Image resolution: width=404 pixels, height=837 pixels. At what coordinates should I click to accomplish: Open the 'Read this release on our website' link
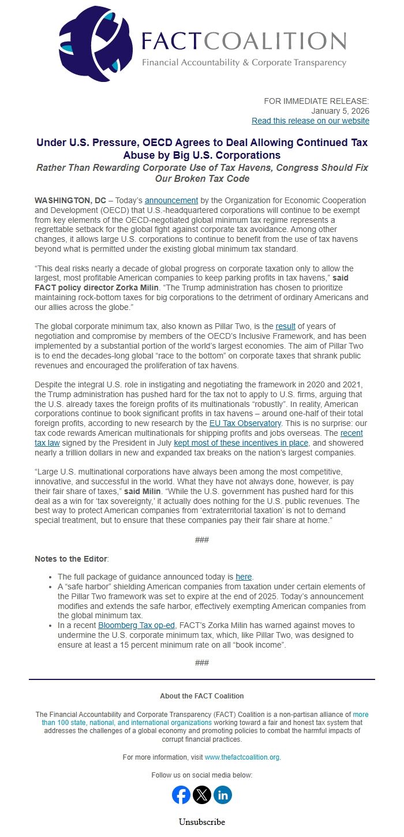[310, 121]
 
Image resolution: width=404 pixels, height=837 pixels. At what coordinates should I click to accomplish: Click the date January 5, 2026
[340, 111]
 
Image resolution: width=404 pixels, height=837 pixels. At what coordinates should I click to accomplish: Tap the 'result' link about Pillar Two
[285, 327]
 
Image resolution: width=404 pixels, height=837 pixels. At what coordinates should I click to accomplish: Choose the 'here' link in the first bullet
[244, 577]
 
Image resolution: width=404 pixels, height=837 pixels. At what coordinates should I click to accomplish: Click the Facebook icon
[181, 795]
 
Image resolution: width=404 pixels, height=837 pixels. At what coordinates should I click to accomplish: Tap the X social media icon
[202, 795]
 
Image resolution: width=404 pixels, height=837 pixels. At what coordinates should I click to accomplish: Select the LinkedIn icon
[223, 795]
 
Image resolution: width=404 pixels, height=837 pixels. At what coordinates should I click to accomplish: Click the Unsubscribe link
[202, 822]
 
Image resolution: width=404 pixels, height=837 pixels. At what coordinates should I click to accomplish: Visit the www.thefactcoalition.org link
[242, 757]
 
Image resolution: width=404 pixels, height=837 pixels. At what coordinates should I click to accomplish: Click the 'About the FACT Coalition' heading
[202, 696]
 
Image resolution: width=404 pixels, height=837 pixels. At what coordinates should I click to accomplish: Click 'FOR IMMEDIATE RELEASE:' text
[316, 101]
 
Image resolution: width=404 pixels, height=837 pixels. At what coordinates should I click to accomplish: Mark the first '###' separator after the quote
[202, 540]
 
